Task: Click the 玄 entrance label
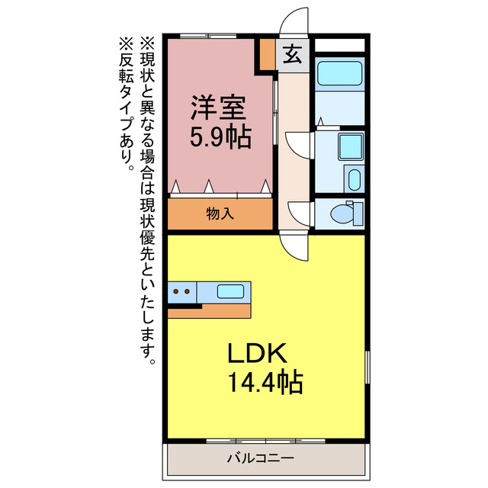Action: coord(292,55)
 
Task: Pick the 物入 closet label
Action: coord(220,213)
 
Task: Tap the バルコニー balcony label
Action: coord(259,459)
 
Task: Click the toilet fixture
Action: coord(348,213)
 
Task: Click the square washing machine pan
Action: coord(350,144)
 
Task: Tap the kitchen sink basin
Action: coord(231,291)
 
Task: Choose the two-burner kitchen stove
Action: coord(181,291)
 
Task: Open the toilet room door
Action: coord(300,212)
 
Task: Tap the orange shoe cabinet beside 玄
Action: coord(266,55)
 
